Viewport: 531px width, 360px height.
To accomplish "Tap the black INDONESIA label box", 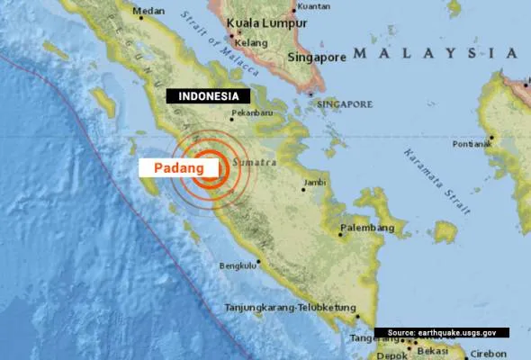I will [x=208, y=95].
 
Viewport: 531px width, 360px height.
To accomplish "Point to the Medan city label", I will [x=148, y=12].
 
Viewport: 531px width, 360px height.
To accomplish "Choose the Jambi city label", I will [x=314, y=183].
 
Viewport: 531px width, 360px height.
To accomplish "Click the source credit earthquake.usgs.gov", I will [x=442, y=332].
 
